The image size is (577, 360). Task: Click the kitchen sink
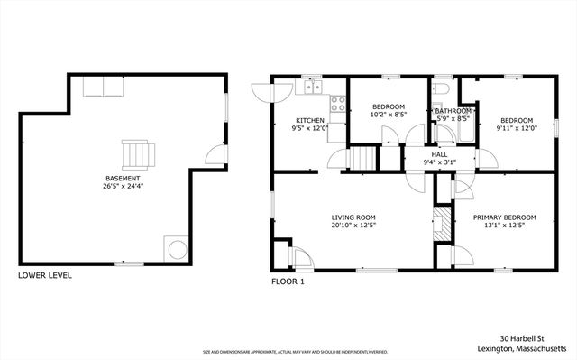313,87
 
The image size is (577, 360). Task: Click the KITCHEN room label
310,120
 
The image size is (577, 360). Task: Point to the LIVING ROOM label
353,217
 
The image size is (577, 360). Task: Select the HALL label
439,154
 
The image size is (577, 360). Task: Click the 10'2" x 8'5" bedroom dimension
389,115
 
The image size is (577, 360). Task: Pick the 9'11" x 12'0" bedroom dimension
517,128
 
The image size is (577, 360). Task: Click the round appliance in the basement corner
174,247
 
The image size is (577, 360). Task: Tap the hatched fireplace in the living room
441,222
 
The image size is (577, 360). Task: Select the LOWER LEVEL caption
45,275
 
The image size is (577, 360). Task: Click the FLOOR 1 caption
288,282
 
